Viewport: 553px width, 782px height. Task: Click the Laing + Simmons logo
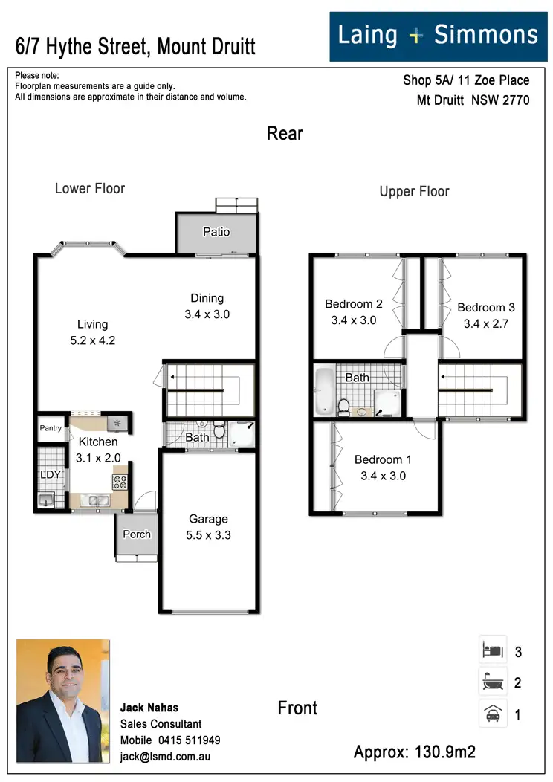(437, 35)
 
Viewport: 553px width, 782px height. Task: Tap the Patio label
(216, 232)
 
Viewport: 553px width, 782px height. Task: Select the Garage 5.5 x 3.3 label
(208, 527)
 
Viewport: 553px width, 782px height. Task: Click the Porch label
(137, 534)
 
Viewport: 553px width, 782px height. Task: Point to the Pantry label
(51, 428)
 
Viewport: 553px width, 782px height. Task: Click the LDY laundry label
(50, 474)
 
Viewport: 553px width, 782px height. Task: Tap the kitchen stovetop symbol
(120, 480)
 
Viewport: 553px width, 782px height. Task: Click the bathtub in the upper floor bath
(323, 390)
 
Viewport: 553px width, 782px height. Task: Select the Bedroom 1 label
(383, 459)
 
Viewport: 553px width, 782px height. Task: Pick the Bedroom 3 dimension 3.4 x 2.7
(486, 324)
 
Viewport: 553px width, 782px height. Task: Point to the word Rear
(285, 134)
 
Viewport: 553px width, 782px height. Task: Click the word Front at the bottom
(297, 708)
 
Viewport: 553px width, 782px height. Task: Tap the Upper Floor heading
(414, 192)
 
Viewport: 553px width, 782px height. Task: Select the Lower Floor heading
(90, 189)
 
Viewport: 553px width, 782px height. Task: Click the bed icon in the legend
(493, 650)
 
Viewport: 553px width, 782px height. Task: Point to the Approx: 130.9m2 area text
(414, 752)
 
